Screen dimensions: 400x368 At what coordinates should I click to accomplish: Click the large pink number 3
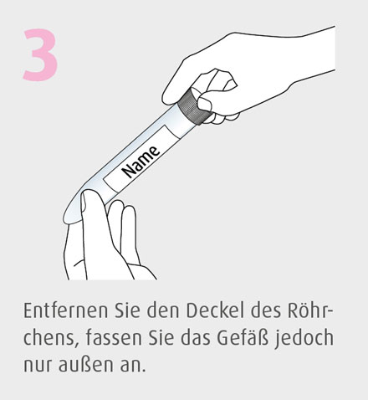40,55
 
